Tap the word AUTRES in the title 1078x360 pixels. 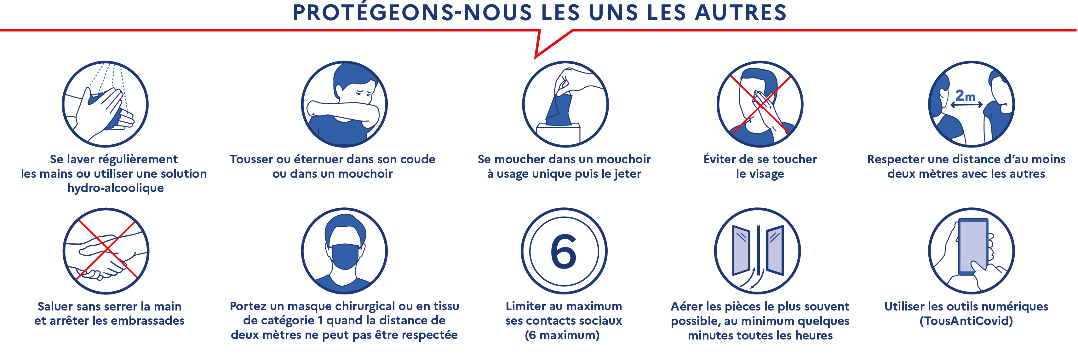741,13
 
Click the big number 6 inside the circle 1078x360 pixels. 564,252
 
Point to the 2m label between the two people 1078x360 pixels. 965,96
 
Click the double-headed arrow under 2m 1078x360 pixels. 966,105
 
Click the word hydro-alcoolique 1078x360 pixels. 116,188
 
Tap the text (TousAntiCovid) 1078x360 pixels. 966,321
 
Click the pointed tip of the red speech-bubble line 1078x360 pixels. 536,57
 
